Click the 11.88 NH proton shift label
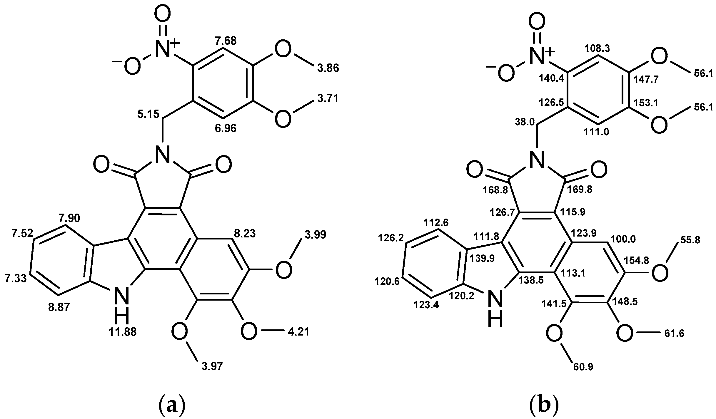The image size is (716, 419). pyautogui.click(x=123, y=332)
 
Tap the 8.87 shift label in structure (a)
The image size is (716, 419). pyautogui.click(x=59, y=307)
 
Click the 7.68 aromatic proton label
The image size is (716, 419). pyautogui.click(x=226, y=41)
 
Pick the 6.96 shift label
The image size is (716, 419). pyautogui.click(x=226, y=128)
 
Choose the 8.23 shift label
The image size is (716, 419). pyautogui.click(x=245, y=234)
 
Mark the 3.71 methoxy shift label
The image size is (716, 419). pyautogui.click(x=328, y=98)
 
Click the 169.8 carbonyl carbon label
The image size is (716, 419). pyautogui.click(x=580, y=190)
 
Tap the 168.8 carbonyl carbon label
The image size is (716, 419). pyautogui.click(x=495, y=191)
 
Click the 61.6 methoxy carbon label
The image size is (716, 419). pyautogui.click(x=674, y=333)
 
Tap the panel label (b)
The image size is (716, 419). pyautogui.click(x=543, y=406)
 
